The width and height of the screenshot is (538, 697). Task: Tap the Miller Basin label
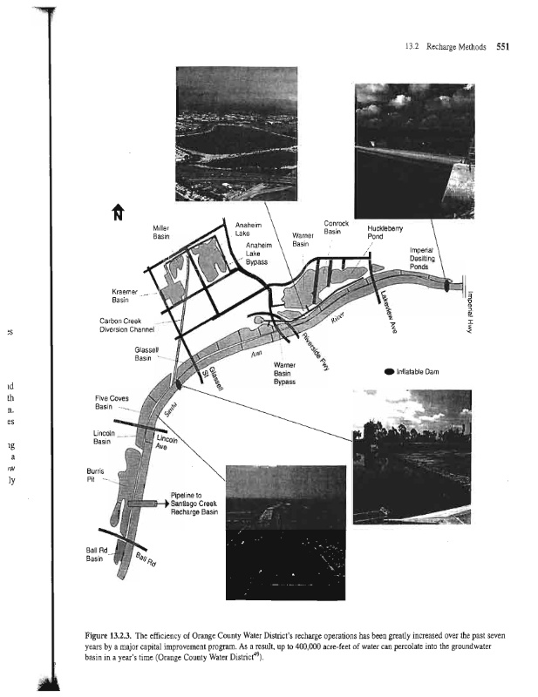160,233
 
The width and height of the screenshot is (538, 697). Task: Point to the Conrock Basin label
337,227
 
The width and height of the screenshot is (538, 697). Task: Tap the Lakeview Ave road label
384,301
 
